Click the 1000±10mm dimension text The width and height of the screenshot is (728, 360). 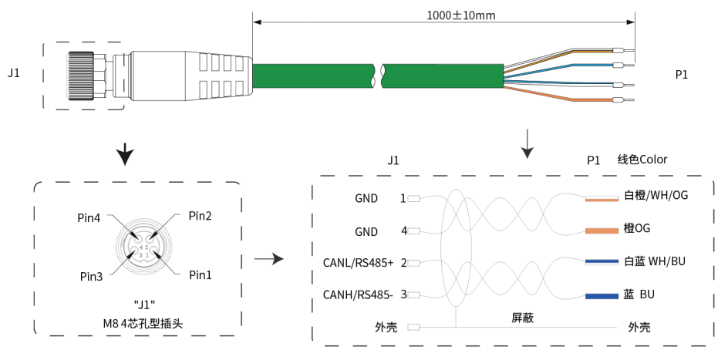pos(461,15)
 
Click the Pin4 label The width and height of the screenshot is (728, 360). pos(89,218)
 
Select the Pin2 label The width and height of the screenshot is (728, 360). pos(200,216)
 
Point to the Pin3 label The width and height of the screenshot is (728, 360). pos(91,277)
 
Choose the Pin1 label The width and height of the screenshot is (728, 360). pos(200,275)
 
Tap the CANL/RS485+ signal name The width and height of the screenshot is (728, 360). pos(359,263)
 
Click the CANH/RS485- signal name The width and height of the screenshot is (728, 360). pos(359,294)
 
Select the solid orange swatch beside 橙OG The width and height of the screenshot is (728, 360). pos(602,230)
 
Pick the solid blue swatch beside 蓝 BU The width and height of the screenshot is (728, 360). pos(602,297)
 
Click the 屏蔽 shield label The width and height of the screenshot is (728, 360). pos(522,318)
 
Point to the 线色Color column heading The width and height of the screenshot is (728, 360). pos(642,160)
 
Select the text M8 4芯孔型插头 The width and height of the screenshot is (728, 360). pos(143,323)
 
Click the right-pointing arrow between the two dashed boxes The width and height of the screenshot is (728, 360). pos(268,259)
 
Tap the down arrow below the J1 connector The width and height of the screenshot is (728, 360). pos(125,154)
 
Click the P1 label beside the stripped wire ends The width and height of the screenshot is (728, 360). pos(682,75)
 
